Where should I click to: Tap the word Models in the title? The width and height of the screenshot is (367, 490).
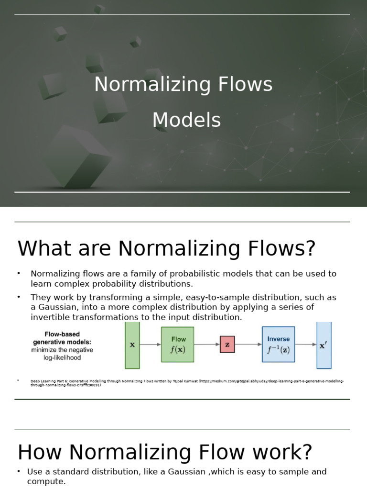coord(186,120)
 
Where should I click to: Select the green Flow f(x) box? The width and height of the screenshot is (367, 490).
coord(177,344)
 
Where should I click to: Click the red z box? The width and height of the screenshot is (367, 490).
coord(227,344)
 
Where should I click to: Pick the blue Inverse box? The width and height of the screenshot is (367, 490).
coord(278,344)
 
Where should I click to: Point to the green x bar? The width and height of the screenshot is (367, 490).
coord(132,345)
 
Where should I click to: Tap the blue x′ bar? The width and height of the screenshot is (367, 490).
coord(324,345)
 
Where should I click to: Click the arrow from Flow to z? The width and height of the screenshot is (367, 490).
coord(206,344)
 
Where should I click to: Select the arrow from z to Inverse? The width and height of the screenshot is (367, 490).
coord(248,344)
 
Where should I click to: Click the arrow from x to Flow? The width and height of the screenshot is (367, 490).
coord(150,344)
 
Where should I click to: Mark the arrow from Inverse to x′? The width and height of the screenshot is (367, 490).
coord(305,344)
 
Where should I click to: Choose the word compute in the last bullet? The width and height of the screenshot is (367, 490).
coord(46,481)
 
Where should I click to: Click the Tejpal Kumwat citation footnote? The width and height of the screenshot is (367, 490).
coord(186,383)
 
